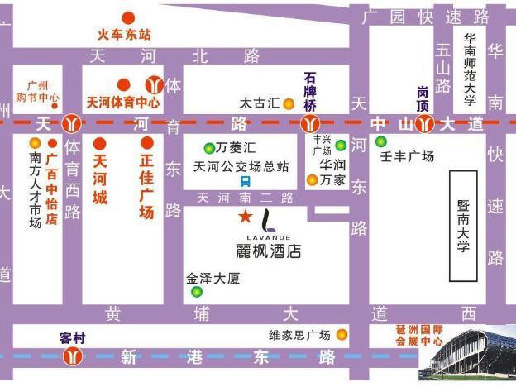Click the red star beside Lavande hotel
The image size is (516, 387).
[x=246, y=217]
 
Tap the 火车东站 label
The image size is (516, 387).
[x=124, y=35]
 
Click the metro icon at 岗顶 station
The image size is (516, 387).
[x=424, y=125]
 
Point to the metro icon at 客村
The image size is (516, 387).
[x=74, y=356]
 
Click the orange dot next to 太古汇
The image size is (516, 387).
[x=288, y=104]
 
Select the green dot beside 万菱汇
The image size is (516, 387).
[x=209, y=149]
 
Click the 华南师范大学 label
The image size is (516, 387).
[x=470, y=69]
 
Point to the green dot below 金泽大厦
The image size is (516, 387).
[x=197, y=292]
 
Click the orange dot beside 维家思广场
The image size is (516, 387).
[x=341, y=335]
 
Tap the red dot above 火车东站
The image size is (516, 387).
[x=128, y=17]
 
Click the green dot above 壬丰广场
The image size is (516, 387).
[x=380, y=141]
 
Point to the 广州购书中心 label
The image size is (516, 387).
[x=38, y=91]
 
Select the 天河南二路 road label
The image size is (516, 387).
[x=245, y=198]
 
